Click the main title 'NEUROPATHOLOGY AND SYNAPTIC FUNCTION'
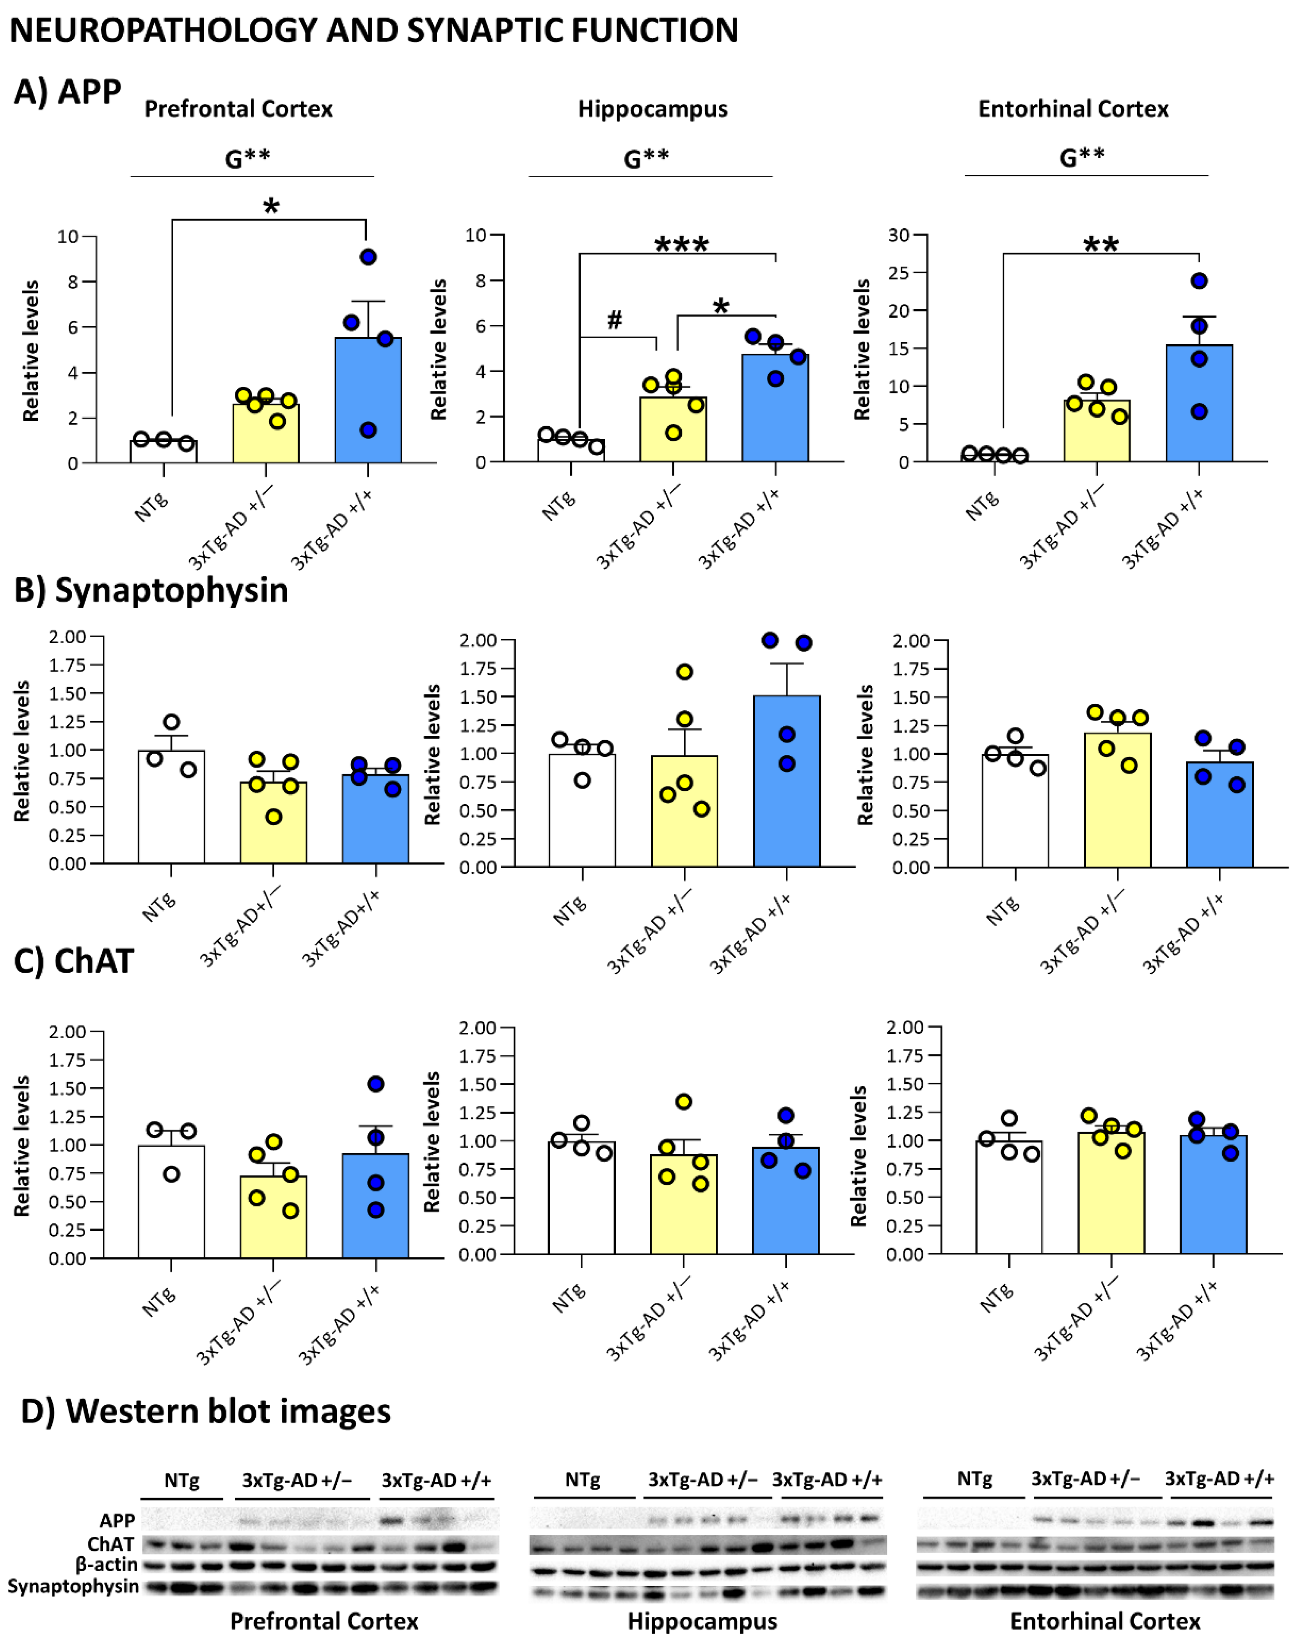(374, 30)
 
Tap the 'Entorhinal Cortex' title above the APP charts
(1073, 109)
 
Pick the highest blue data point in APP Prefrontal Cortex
(368, 257)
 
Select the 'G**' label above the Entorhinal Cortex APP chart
(1082, 157)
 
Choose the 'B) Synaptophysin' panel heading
(151, 591)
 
